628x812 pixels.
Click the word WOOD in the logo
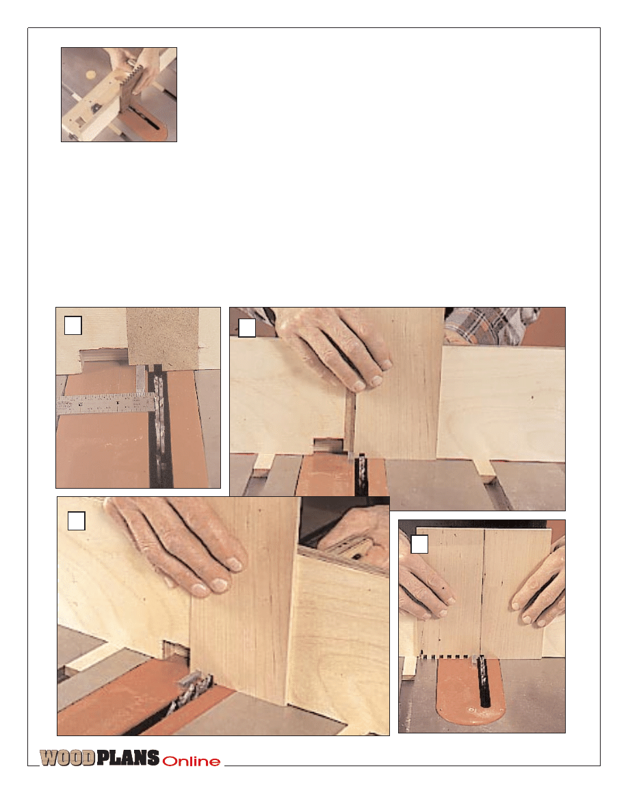pos(67,757)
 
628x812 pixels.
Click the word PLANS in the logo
pos(128,757)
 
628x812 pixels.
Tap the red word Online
pos(191,761)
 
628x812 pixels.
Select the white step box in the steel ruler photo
pos(73,326)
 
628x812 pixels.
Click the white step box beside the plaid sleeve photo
pos(247,328)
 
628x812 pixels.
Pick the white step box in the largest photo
pos(76,521)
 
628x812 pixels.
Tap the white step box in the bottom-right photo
pos(419,544)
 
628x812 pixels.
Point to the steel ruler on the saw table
pos(106,404)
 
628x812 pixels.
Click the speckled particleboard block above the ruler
pos(163,339)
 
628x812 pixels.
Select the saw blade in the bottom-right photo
pos(483,679)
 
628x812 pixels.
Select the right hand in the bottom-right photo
pos(539,584)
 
